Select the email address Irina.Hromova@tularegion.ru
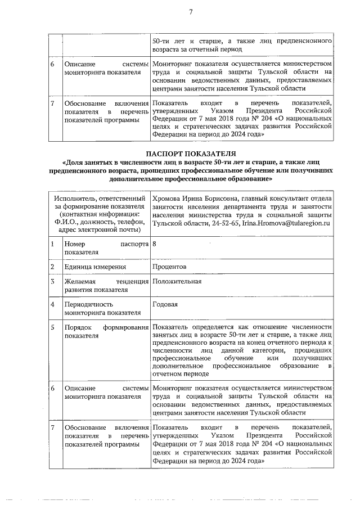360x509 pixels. click(x=285, y=224)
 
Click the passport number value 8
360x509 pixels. click(x=155, y=245)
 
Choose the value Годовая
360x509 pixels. click(x=165, y=304)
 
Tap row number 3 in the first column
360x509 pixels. click(x=53, y=281)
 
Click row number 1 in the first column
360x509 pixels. click(x=53, y=245)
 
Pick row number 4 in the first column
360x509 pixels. click(x=53, y=304)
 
